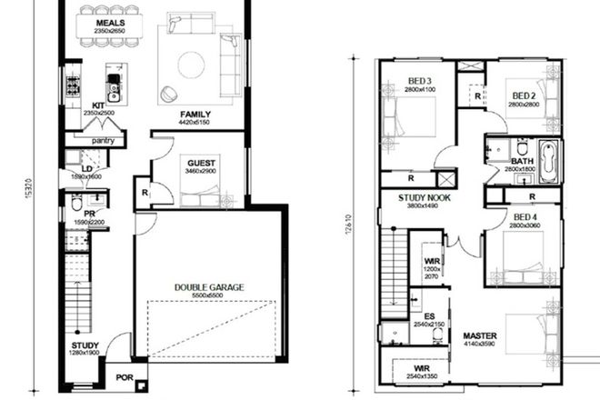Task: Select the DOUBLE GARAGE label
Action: click(209, 287)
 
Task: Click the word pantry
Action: click(103, 141)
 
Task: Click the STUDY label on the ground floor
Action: click(85, 345)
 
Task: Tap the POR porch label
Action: click(121, 376)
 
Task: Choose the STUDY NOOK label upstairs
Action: click(425, 196)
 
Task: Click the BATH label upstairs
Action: click(522, 161)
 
